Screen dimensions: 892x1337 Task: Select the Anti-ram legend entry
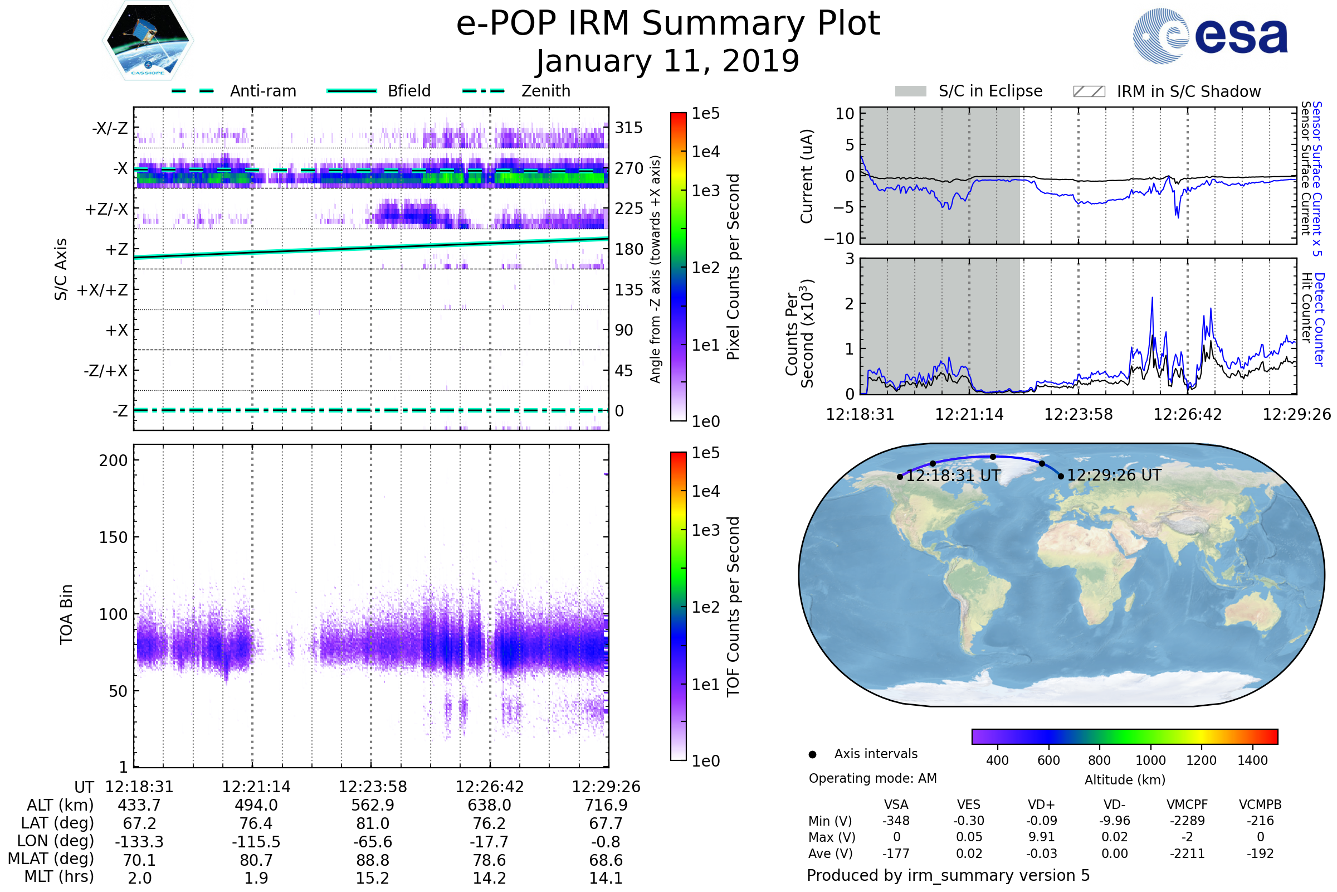point(234,91)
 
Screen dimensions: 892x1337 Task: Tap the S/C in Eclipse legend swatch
point(911,91)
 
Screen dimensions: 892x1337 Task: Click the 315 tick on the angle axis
point(628,128)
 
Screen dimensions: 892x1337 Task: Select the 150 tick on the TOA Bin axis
point(113,537)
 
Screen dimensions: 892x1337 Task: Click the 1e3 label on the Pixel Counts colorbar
point(705,191)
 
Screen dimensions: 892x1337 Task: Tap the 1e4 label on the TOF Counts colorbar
point(705,491)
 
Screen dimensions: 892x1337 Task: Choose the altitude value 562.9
point(372,806)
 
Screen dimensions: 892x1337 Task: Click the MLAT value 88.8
point(372,860)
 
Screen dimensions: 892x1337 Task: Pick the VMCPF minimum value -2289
point(1187,821)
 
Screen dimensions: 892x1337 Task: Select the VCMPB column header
point(1260,804)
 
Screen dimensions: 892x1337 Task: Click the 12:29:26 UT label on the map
point(1114,475)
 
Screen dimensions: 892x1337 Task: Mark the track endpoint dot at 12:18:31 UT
point(900,477)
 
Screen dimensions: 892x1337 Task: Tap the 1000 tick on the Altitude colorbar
point(1150,760)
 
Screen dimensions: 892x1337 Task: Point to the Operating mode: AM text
point(872,778)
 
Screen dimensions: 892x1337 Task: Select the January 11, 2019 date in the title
point(668,61)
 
